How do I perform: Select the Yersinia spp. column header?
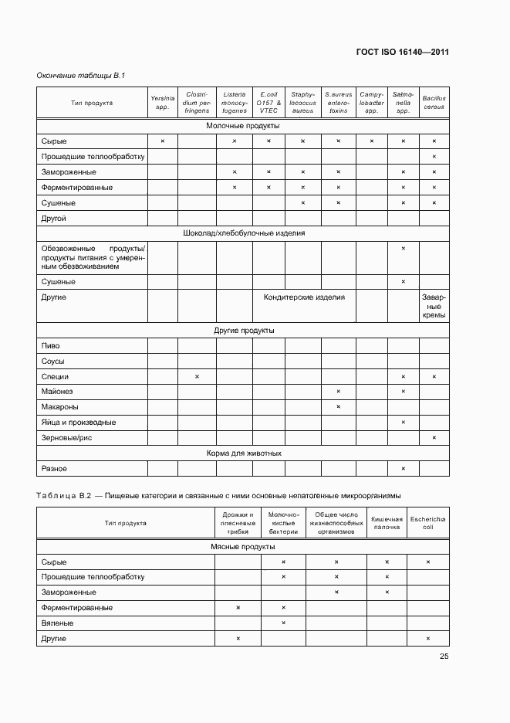163,102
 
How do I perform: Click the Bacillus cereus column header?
434,103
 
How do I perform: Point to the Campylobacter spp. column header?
371,103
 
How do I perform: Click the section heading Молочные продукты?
242,125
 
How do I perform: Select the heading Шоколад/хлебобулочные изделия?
242,233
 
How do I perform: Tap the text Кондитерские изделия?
304,297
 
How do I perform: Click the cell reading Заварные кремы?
434,306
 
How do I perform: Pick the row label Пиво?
50,346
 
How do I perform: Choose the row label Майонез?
56,392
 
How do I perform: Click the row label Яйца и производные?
78,423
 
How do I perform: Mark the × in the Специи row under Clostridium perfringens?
197,376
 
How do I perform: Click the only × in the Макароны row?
338,407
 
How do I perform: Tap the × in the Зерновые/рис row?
434,438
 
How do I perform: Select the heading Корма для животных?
242,453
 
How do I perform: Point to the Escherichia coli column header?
427,523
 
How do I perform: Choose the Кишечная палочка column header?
387,523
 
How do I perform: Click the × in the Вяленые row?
283,623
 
